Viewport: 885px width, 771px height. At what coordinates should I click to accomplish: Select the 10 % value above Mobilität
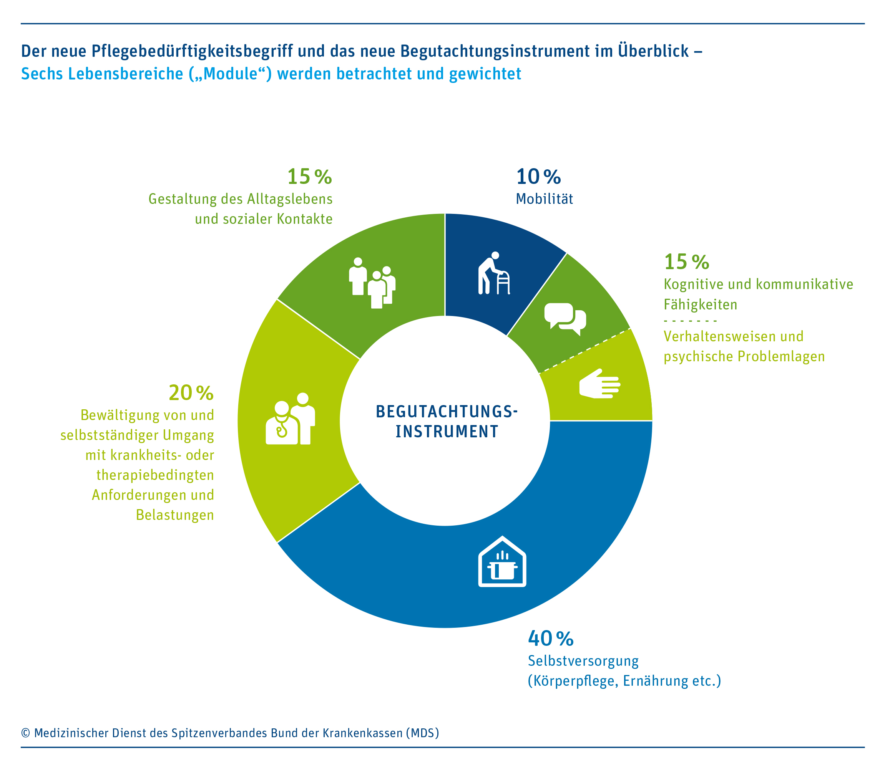coord(538,176)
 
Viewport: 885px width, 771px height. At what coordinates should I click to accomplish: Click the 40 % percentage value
coord(550,639)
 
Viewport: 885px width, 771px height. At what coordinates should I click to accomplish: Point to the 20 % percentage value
coord(191,393)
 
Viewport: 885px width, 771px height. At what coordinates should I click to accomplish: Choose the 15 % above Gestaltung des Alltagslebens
coord(309,176)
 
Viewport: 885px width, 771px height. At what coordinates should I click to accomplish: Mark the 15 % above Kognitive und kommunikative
coord(686,261)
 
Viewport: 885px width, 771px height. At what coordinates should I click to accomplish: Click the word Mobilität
coord(545,199)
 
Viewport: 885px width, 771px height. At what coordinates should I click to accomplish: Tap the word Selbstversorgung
coord(583,661)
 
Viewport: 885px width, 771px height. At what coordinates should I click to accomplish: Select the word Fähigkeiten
coord(700,304)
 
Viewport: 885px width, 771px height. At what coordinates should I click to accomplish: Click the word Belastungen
coord(175,515)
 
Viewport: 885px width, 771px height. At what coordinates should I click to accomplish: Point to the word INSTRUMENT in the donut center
coord(447,432)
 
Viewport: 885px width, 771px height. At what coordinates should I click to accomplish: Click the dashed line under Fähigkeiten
coord(690,321)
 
